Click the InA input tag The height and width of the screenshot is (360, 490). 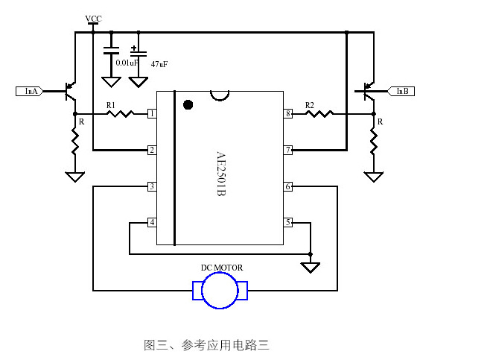point(30,91)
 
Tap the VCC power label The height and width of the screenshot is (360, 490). point(93,18)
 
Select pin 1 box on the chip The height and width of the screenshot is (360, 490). point(152,113)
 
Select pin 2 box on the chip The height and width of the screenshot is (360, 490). point(152,150)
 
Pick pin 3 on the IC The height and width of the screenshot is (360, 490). point(152,186)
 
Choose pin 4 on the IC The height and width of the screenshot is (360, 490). point(152,222)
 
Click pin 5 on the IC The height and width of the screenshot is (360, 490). point(287,222)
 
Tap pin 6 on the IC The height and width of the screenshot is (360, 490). point(287,186)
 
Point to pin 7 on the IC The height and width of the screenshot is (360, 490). point(287,150)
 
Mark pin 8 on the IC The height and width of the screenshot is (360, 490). point(287,113)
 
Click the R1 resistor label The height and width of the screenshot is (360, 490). point(111,105)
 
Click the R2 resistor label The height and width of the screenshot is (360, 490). point(310,105)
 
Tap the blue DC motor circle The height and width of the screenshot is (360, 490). point(220,290)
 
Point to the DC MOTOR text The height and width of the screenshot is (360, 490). point(222,268)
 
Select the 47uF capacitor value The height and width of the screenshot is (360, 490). point(159,64)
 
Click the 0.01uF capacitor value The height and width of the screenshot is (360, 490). point(127,63)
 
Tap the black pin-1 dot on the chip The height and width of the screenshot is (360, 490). point(188,104)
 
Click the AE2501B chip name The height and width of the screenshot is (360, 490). point(220,174)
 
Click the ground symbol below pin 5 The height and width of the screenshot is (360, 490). point(311,267)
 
